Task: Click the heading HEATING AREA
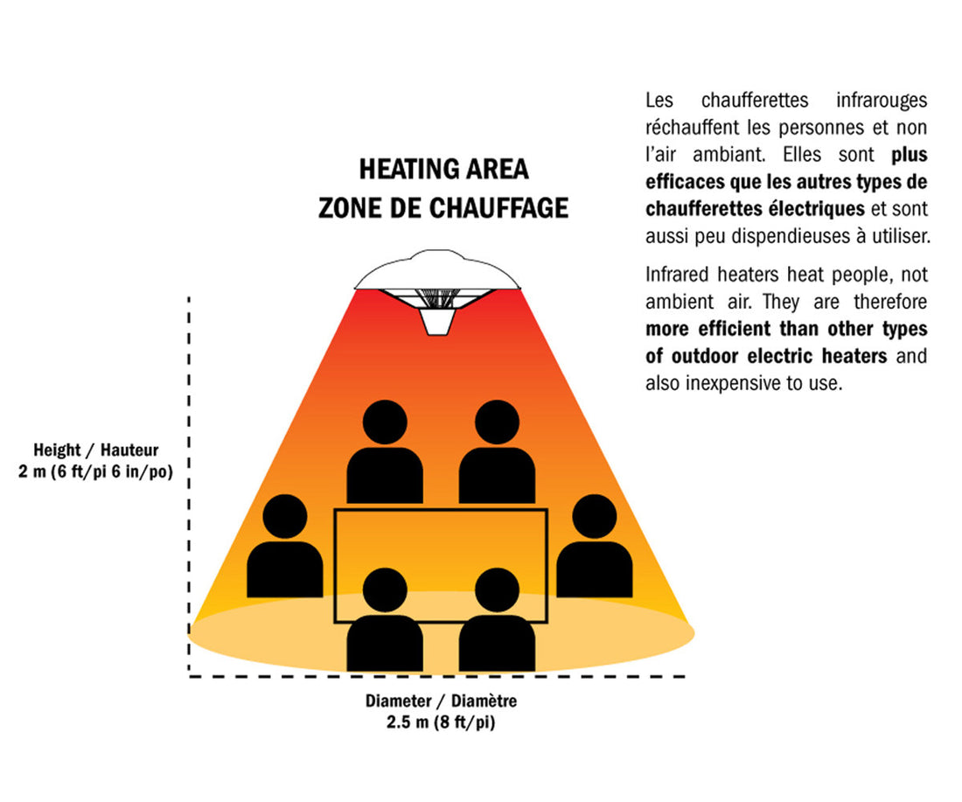(x=443, y=170)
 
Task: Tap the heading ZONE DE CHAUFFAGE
(x=443, y=208)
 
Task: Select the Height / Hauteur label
(x=95, y=450)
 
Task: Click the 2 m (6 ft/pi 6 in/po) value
(x=95, y=472)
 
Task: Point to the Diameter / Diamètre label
(x=441, y=701)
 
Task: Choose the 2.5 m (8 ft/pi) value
(x=441, y=722)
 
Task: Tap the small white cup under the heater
(x=437, y=322)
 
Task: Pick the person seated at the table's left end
(x=285, y=546)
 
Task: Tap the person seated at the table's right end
(x=595, y=546)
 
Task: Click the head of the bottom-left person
(x=386, y=590)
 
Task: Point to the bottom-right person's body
(x=497, y=644)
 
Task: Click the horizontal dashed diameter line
(x=437, y=676)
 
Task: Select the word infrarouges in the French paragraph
(x=882, y=100)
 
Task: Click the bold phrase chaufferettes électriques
(x=756, y=209)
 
